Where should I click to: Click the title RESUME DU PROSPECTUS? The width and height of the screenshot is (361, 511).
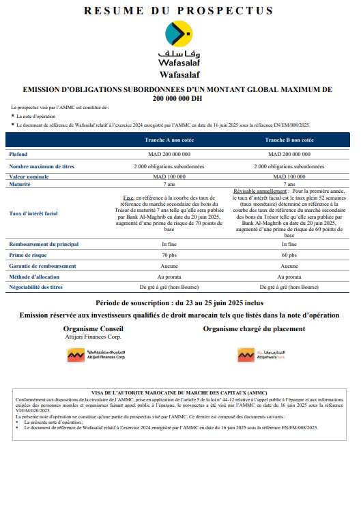tap(178, 11)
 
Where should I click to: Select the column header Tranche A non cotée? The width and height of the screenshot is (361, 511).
tap(169, 140)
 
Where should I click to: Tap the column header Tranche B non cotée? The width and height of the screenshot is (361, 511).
tap(289, 140)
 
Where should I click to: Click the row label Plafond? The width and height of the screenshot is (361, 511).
tap(18, 155)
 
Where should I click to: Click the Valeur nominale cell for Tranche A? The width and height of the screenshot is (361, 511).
tap(169, 176)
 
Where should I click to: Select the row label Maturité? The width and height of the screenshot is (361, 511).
tap(20, 184)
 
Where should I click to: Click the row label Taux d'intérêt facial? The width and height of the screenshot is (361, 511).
tap(33, 213)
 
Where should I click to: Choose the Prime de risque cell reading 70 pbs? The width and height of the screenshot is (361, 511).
tap(169, 255)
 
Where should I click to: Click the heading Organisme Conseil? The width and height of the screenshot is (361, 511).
tap(92, 328)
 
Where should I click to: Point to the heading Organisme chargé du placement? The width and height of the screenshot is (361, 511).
tap(254, 328)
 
